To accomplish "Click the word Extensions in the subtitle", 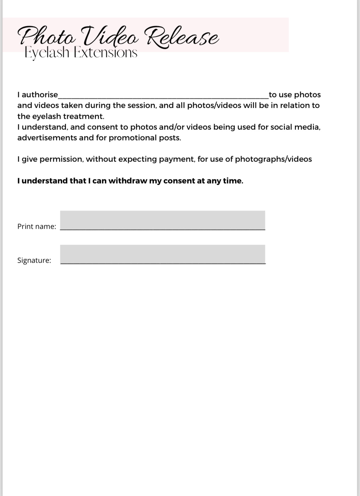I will pos(106,53).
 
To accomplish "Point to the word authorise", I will pos(40,95).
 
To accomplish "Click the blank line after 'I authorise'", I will pos(163,95).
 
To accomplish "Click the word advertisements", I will pos(47,138).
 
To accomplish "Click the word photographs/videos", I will pos(273,159).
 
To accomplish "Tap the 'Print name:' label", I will pos(37,226).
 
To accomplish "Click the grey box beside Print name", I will pos(162,220).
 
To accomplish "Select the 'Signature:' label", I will pos(34,260).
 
